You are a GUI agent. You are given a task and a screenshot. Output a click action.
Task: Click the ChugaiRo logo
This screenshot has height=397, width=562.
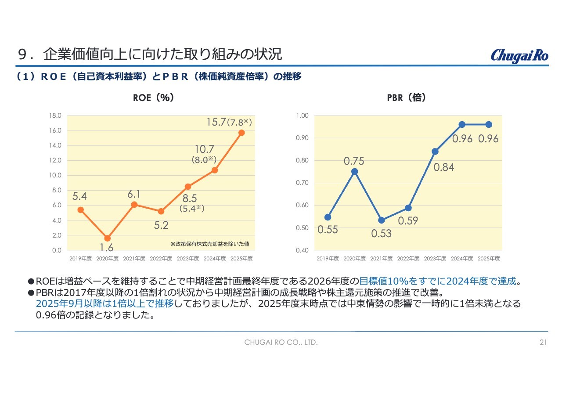[x=519, y=56]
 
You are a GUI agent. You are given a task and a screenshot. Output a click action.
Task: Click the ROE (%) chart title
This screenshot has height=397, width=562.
[x=153, y=97]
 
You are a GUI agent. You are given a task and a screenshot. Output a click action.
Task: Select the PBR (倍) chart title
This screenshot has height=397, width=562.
[x=406, y=97]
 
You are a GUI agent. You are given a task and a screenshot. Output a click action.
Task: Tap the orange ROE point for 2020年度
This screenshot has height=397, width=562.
[x=108, y=238]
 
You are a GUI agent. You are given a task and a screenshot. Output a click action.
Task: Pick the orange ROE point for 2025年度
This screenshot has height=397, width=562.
[x=241, y=133]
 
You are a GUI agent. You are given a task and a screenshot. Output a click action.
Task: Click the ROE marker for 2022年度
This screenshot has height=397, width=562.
[x=161, y=211]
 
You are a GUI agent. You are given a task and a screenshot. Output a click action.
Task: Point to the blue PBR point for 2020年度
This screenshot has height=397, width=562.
[x=354, y=172]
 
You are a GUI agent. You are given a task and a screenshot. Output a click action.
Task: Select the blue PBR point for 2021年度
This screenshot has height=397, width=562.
[x=382, y=220]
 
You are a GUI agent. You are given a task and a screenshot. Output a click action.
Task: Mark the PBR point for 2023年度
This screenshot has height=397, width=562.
[x=435, y=152]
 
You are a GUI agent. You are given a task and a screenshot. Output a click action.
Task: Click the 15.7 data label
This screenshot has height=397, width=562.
[x=216, y=122]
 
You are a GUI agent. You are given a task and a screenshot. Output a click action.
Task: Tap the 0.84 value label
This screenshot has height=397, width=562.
[x=444, y=167]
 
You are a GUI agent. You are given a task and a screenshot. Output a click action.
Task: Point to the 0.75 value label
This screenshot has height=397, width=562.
[x=354, y=161]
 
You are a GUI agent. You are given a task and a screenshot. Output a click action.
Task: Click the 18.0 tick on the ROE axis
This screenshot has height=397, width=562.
[x=55, y=115]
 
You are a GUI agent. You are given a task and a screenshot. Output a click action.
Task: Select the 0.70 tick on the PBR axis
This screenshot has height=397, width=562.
[x=302, y=183]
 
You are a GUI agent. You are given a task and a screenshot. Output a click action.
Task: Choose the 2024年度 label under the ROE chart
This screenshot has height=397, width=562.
[x=215, y=259]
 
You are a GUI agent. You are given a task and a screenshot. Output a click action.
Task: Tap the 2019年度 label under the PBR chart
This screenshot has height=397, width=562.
[x=328, y=259]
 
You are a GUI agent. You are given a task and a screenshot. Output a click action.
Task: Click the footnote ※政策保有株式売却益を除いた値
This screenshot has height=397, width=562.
[x=210, y=244]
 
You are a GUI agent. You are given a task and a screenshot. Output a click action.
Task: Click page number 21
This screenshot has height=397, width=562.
[x=543, y=342]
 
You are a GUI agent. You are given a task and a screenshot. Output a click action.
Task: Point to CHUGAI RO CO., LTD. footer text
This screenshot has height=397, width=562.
[x=281, y=342]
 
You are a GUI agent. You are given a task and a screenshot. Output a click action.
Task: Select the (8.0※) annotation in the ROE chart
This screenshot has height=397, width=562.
[x=204, y=159]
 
